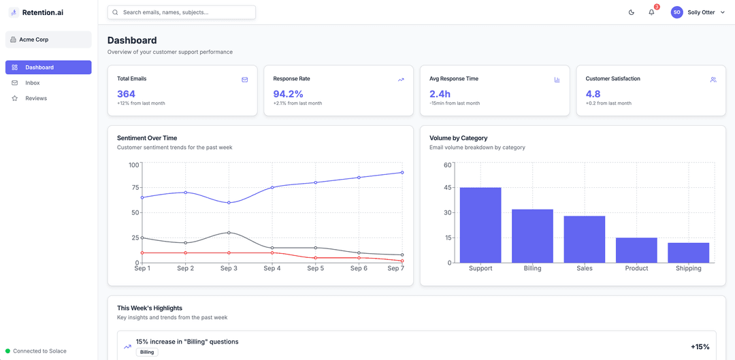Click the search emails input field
pos(182,12)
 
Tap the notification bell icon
pos(651,12)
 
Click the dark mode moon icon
pos(632,12)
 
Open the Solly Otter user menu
pos(698,12)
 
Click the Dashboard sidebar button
pos(48,67)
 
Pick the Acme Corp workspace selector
pos(48,39)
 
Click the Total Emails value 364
pos(126,94)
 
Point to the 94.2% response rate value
pos(289,94)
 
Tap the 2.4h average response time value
pos(440,94)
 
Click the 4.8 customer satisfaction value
pos(593,94)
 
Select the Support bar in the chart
pos(480,225)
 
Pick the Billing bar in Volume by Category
pos(532,235)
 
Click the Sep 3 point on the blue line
pos(229,203)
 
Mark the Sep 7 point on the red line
pos(402,261)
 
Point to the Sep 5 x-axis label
pos(316,269)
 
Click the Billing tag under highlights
pos(147,352)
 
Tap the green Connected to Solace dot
pos(7,351)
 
